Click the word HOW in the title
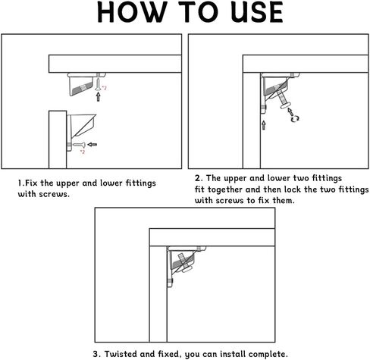(132, 13)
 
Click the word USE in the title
(257, 13)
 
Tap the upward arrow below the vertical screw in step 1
(98, 97)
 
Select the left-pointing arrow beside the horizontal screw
(92, 145)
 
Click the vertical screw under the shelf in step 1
(98, 83)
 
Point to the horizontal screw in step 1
(80, 145)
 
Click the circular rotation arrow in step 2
(295, 119)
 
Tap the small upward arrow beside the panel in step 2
(264, 125)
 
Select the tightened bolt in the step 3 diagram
(185, 263)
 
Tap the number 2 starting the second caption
(199, 178)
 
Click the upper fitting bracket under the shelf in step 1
(83, 84)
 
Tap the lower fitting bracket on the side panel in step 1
(81, 133)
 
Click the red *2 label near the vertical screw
(104, 88)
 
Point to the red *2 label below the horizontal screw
(83, 152)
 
